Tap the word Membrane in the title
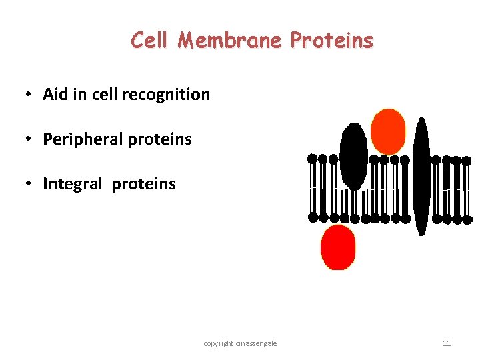tap(231, 41)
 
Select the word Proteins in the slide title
tap(332, 41)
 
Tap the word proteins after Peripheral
tap(159, 140)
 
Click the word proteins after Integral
tap(144, 185)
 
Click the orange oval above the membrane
tap(388, 131)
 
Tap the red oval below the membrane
tap(338, 247)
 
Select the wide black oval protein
tap(353, 157)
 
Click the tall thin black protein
tap(421, 176)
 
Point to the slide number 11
tap(447, 343)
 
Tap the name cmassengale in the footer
tap(259, 343)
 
